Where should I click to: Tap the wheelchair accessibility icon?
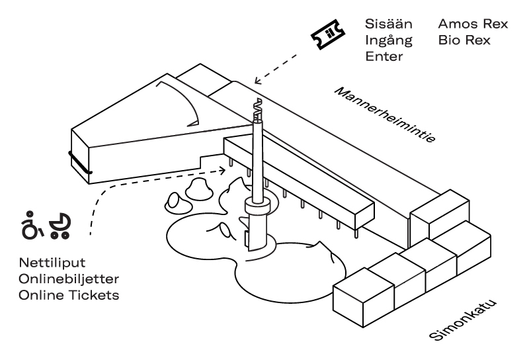[31, 226]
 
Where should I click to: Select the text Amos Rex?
[473, 24]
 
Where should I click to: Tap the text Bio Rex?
[464, 40]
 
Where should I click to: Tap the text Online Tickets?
[69, 295]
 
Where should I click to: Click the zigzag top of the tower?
[257, 108]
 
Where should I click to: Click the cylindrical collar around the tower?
[258, 207]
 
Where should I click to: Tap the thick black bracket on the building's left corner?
[79, 164]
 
